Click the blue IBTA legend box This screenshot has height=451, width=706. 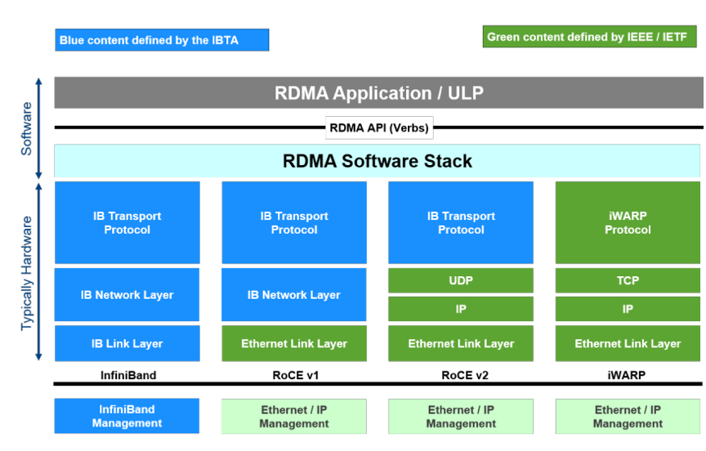click(162, 40)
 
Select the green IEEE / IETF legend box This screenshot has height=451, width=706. click(589, 37)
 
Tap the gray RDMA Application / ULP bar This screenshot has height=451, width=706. click(378, 92)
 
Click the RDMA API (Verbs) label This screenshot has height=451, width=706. click(379, 127)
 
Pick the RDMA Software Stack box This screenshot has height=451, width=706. click(378, 161)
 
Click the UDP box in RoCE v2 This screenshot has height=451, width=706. click(461, 280)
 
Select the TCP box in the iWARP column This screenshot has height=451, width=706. click(628, 280)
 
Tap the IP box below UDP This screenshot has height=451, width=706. click(461, 309)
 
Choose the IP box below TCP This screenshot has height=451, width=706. click(628, 309)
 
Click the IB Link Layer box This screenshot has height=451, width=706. click(127, 343)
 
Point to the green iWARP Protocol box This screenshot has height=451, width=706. click(628, 223)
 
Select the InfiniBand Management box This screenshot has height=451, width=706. click(127, 416)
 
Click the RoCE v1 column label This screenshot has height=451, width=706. click(295, 375)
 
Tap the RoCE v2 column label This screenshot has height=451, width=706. click(465, 375)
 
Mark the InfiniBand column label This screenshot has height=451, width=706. click(128, 375)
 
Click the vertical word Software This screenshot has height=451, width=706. click(26, 129)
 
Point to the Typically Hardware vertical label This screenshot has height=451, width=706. click(26, 273)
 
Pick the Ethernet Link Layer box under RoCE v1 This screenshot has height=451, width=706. click(294, 343)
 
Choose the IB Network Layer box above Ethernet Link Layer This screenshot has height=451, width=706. click(294, 295)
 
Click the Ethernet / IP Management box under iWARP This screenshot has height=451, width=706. click(628, 417)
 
